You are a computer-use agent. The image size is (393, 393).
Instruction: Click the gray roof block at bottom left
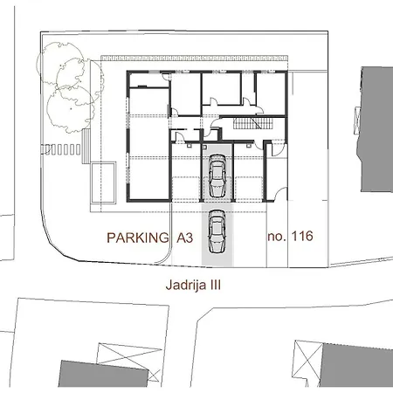(x=87, y=373)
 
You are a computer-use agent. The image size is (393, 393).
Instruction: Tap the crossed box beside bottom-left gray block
(x=119, y=358)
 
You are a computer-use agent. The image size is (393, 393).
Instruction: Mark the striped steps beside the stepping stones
(x=86, y=149)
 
